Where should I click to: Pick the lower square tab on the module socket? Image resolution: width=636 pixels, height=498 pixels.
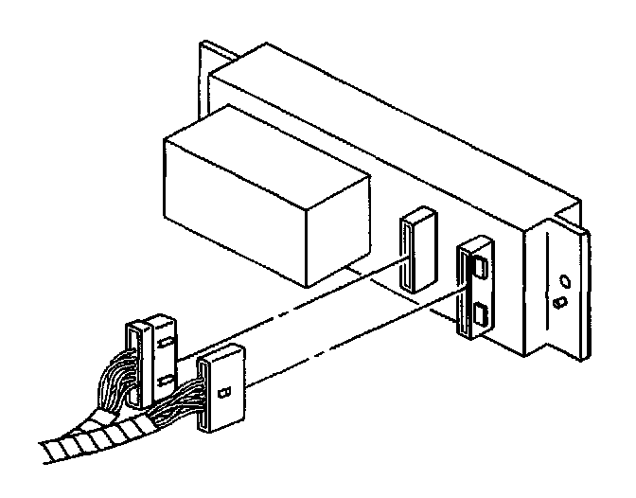(x=482, y=312)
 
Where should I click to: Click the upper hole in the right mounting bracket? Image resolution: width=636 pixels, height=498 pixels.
(x=564, y=281)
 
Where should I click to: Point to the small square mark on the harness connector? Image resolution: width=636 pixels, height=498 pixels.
(x=224, y=390)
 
